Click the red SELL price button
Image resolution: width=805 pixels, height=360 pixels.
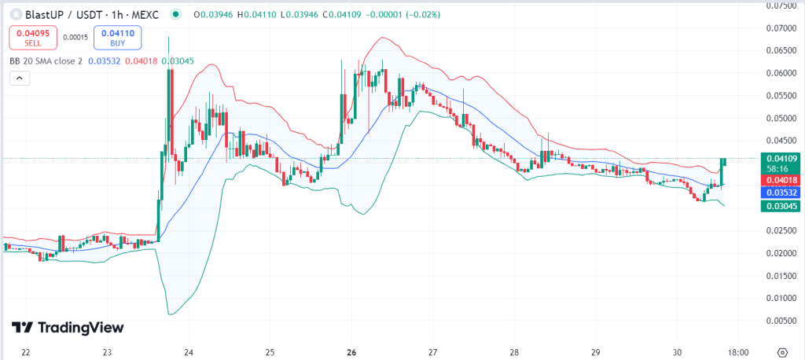pos(32,37)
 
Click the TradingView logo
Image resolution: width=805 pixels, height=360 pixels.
pos(68,328)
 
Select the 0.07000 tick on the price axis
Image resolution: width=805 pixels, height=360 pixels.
pos(780,28)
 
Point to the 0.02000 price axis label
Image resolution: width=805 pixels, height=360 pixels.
pos(780,253)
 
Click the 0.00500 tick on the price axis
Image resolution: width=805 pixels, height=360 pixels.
pos(780,321)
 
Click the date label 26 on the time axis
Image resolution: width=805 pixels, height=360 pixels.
pos(351,351)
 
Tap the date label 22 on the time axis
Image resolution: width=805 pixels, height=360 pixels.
pos(26,351)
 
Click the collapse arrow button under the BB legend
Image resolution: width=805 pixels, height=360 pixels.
pos(20,78)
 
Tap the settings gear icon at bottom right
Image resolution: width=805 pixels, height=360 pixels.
pos(783,351)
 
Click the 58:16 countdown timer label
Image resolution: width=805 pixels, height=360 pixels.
pos(780,168)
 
